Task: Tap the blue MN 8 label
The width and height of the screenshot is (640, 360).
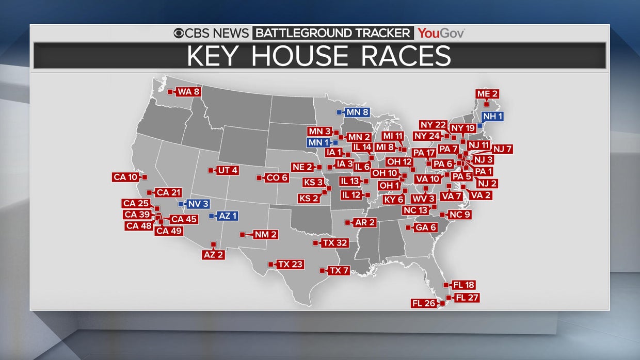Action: (357, 112)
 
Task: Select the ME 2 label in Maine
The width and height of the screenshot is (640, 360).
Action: (487, 94)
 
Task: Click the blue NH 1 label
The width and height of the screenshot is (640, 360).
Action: (492, 117)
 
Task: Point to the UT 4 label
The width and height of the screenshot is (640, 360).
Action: (227, 170)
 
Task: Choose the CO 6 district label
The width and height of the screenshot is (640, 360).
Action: (276, 178)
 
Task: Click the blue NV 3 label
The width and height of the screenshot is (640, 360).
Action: (198, 204)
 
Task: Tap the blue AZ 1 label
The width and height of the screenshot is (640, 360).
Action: (228, 216)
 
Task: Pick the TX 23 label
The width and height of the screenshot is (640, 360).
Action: (290, 265)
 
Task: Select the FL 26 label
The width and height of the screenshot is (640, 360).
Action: (424, 303)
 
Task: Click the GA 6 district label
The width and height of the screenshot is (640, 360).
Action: (426, 227)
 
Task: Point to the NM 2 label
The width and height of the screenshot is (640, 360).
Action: (265, 235)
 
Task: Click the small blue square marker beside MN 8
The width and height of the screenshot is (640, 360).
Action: (339, 112)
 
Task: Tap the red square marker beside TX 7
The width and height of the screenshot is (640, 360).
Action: (323, 270)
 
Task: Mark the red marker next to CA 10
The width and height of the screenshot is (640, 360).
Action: (145, 177)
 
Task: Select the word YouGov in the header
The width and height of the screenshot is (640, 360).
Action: (441, 34)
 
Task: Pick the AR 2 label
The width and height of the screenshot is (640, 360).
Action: (365, 223)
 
